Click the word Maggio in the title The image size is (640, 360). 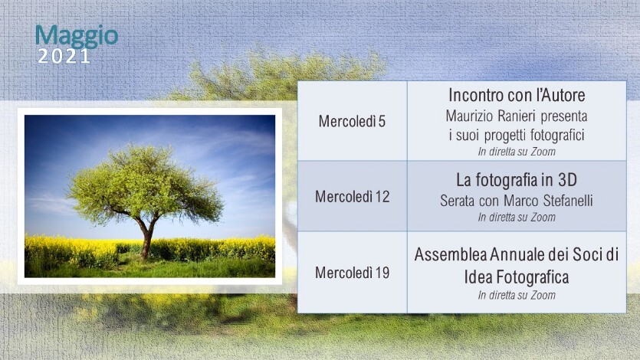pyautogui.click(x=77, y=37)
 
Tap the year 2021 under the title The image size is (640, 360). pyautogui.click(x=64, y=56)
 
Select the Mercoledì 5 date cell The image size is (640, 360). pyautogui.click(x=352, y=121)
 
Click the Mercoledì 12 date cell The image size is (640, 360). pyautogui.click(x=353, y=197)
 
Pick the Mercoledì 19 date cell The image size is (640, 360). pyautogui.click(x=353, y=273)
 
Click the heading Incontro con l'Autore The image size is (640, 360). pyautogui.click(x=517, y=95)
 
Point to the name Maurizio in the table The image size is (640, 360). pyautogui.click(x=469, y=116)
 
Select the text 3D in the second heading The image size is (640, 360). pyautogui.click(x=567, y=180)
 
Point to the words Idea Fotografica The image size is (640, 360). pyautogui.click(x=517, y=277)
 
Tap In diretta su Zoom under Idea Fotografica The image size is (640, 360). pyautogui.click(x=517, y=295)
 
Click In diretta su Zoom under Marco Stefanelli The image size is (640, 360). pyautogui.click(x=517, y=218)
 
